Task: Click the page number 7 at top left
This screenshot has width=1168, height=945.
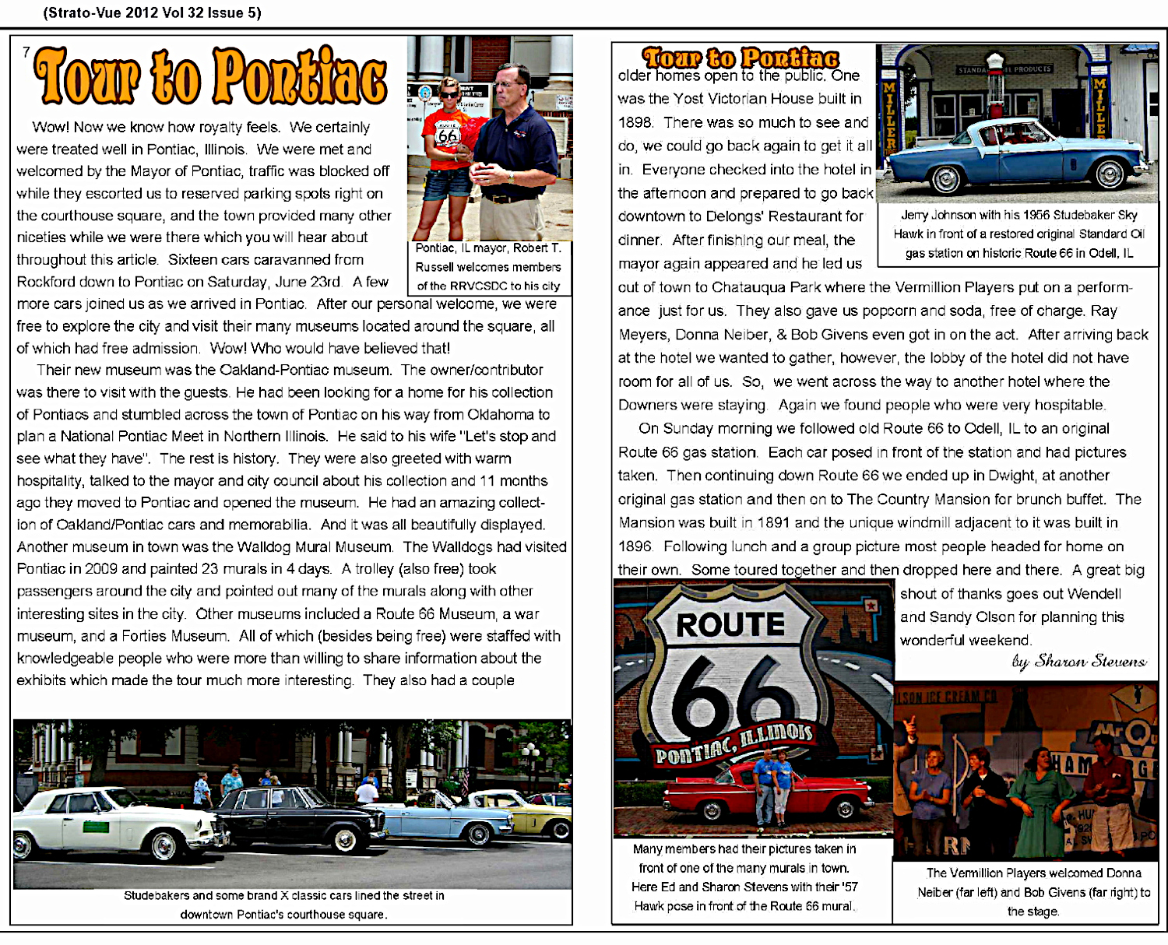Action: click(26, 52)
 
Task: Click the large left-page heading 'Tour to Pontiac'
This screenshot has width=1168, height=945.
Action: click(210, 76)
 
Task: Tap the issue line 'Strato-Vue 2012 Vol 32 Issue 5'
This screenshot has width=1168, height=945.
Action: click(153, 12)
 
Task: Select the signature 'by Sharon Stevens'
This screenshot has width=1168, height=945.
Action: click(1078, 662)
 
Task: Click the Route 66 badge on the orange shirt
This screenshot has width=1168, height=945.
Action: click(449, 135)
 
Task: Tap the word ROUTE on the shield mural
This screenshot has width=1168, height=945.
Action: click(730, 624)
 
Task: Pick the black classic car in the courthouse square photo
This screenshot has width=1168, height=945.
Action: click(296, 817)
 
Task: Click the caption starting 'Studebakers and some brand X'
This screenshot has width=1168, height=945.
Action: click(284, 905)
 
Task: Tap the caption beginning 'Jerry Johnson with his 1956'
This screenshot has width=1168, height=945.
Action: click(1018, 234)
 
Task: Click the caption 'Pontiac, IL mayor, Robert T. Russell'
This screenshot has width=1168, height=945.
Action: click(488, 267)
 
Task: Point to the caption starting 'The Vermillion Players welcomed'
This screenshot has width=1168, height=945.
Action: click(1033, 892)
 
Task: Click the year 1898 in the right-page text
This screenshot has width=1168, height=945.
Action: click(635, 123)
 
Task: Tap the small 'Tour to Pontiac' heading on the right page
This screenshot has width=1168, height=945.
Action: click(741, 58)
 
